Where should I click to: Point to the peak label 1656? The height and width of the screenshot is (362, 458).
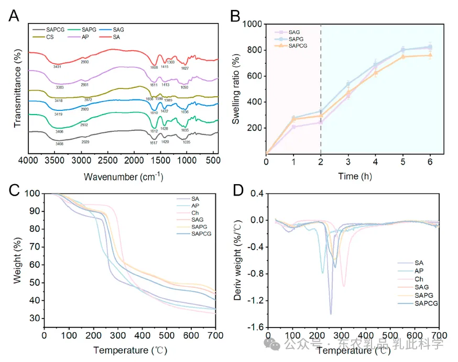click(149, 99)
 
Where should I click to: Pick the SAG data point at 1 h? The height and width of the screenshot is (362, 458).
click(293, 127)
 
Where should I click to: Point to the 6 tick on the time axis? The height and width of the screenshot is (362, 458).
click(430, 162)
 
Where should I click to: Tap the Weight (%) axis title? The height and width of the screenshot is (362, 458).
click(17, 259)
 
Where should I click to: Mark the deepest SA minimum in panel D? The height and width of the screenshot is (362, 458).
click(331, 313)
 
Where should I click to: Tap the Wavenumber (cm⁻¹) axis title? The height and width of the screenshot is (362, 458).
click(120, 176)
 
